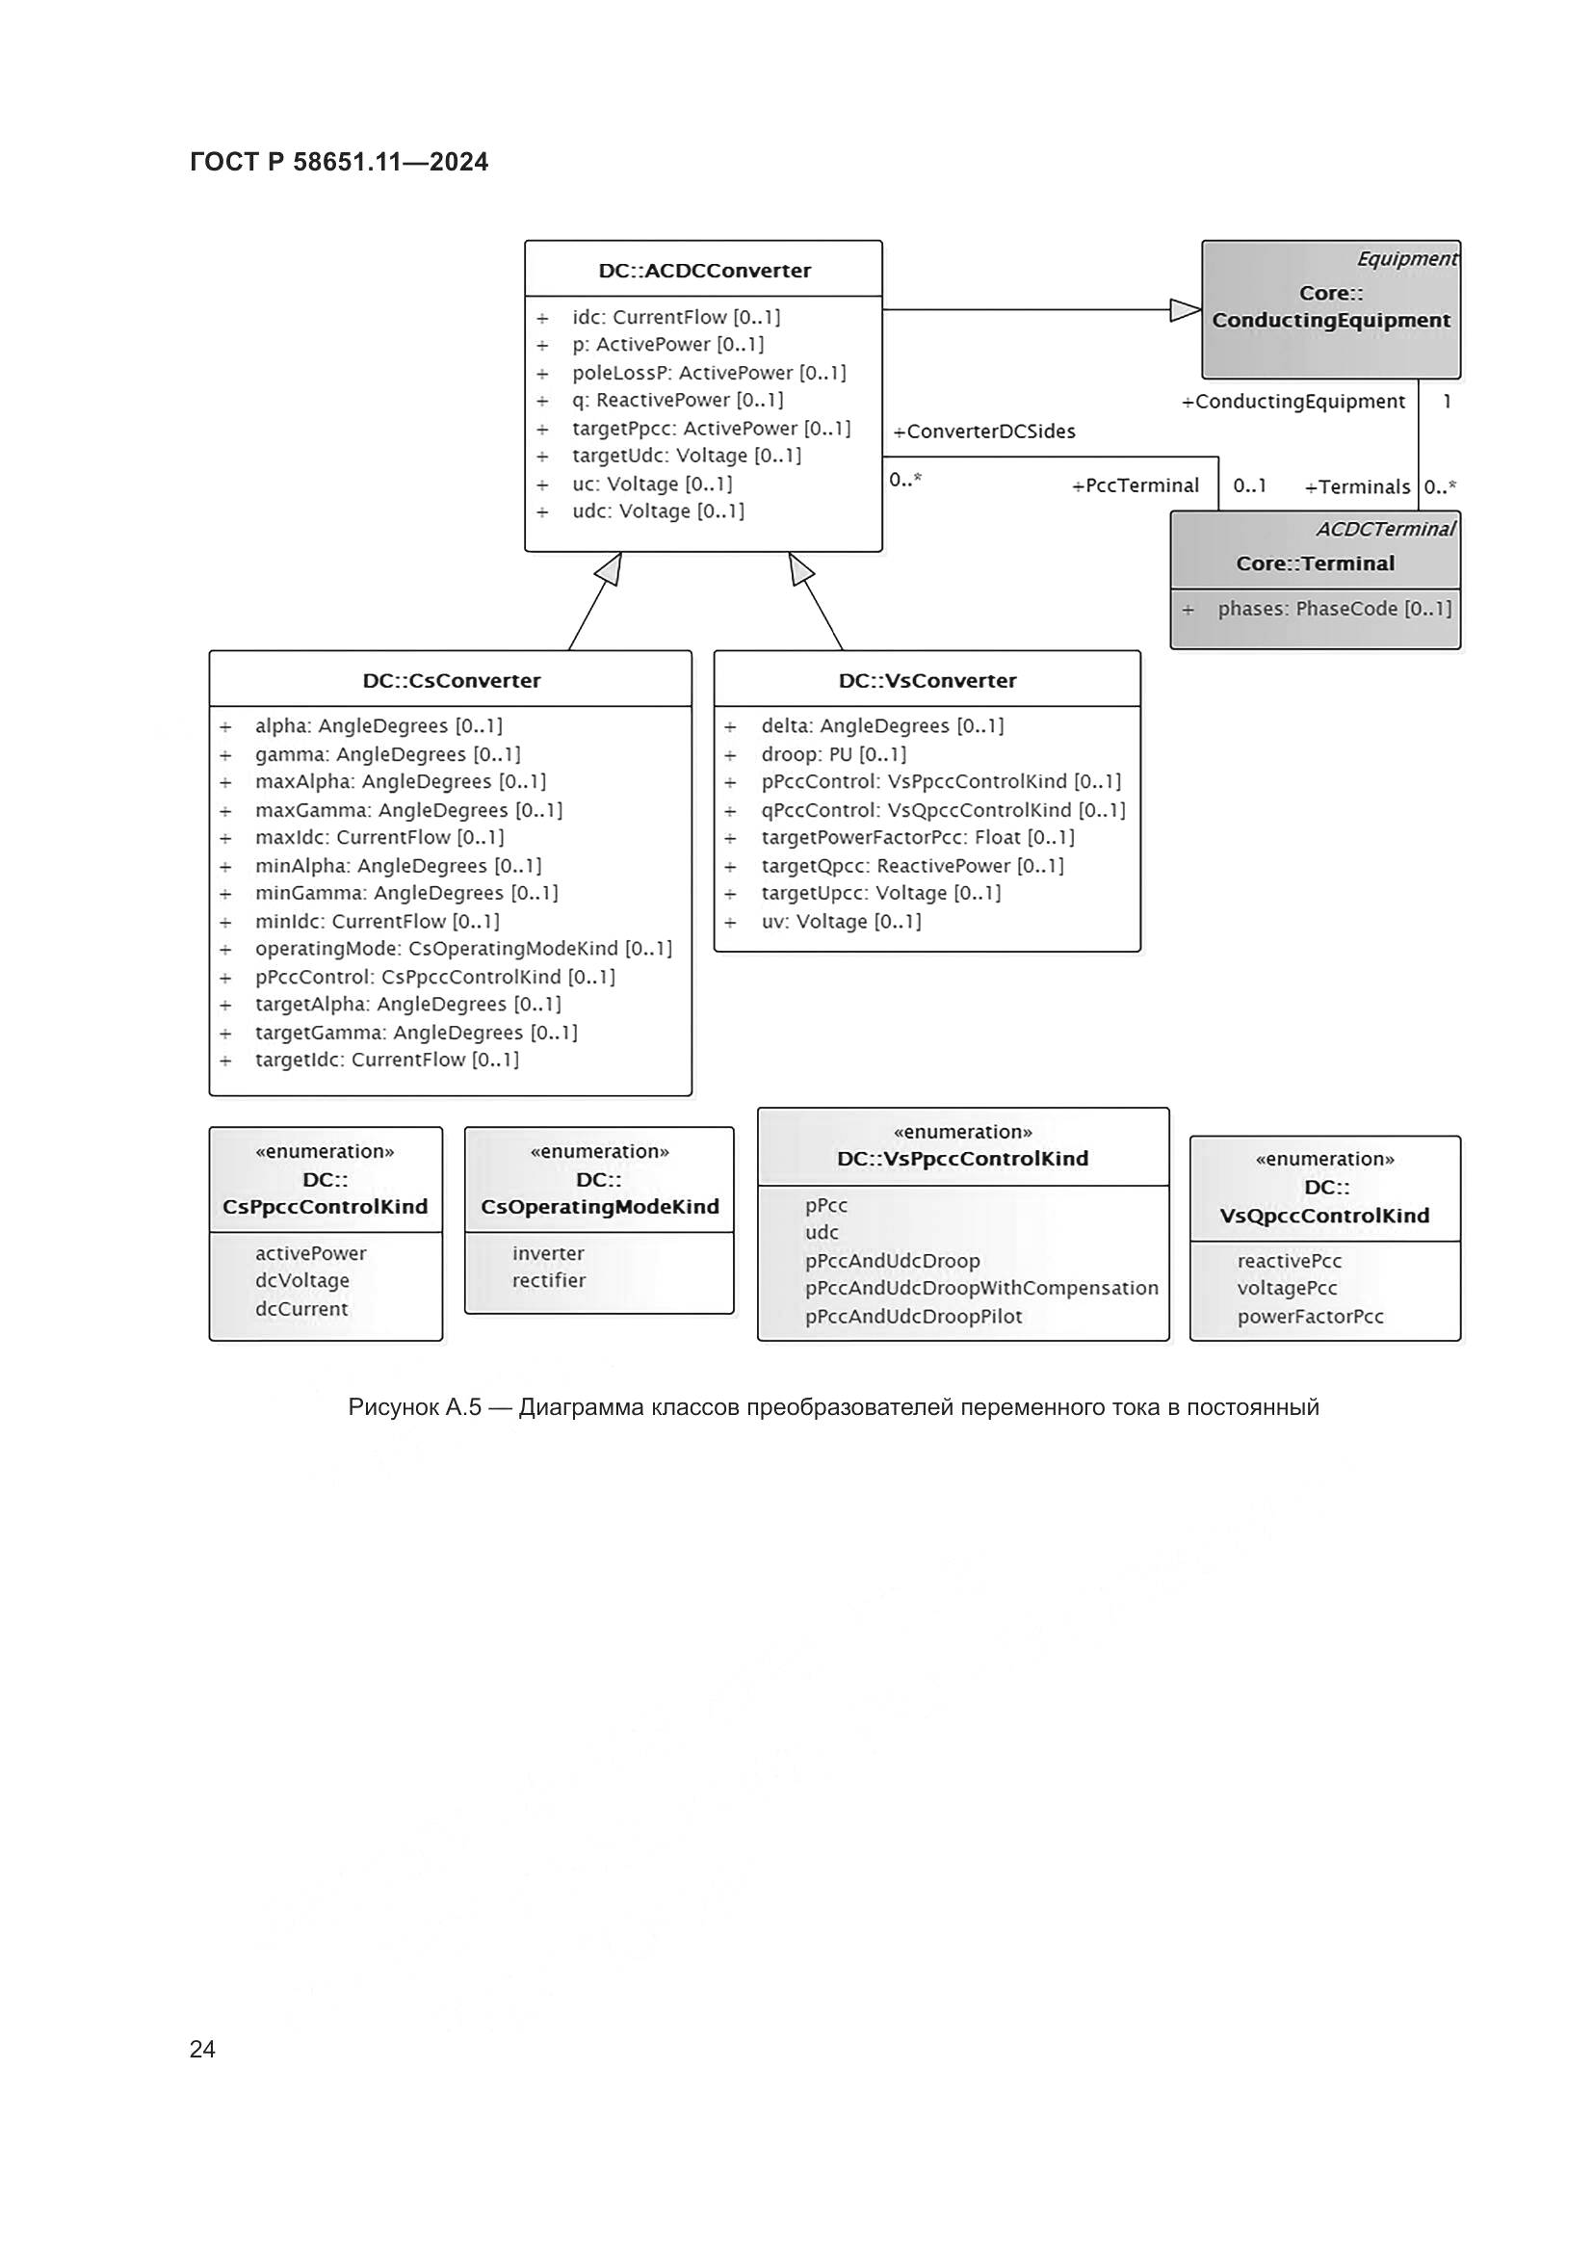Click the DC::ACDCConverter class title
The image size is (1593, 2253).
tap(704, 271)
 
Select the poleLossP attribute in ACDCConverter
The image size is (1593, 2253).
tap(708, 373)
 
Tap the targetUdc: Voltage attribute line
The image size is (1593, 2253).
tap(687, 457)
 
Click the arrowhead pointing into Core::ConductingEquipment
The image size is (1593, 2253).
tap(1186, 310)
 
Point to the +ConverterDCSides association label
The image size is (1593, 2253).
tap(984, 432)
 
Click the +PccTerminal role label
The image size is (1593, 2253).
tap(1136, 485)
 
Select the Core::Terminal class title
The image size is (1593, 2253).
tap(1315, 563)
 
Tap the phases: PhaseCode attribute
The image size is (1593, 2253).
tap(1334, 609)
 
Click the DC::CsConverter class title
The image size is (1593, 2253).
tap(451, 681)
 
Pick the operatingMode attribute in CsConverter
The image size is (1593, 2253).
tap(463, 949)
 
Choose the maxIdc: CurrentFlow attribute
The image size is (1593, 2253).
tap(379, 838)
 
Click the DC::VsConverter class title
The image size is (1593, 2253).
tap(927, 681)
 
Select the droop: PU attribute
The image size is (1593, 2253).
tap(834, 754)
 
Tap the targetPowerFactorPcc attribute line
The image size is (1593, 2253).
tap(917, 838)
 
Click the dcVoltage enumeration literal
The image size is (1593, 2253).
tap(302, 1280)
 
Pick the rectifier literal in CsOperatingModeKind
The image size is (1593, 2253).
tap(548, 1280)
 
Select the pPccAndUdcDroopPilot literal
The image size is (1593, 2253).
tap(913, 1317)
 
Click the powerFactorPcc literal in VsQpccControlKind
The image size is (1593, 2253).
tap(1310, 1317)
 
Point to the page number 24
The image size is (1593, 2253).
tap(202, 2049)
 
